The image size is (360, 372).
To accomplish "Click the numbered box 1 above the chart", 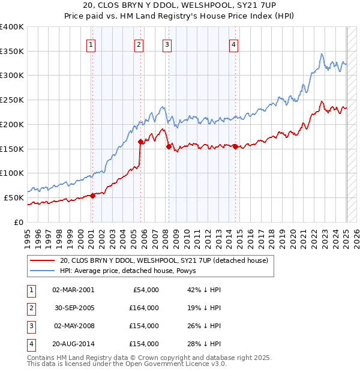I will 91,44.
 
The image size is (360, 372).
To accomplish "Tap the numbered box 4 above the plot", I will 233,44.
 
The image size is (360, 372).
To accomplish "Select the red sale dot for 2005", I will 141,142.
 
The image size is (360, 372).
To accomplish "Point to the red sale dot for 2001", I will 92,196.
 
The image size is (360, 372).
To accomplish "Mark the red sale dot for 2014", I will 235,147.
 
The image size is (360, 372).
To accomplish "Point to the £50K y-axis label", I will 14,197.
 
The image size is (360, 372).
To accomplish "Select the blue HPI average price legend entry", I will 132,271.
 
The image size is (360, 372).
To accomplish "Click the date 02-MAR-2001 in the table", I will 73,290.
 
